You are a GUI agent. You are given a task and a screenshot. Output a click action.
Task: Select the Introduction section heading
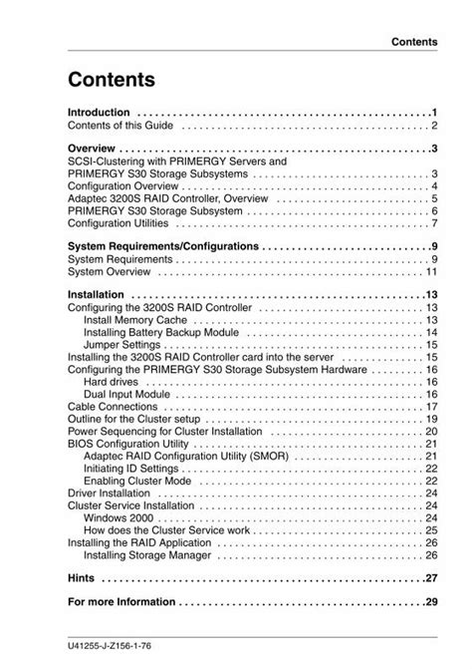(98, 112)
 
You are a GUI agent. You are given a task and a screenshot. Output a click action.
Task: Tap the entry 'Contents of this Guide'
(119, 127)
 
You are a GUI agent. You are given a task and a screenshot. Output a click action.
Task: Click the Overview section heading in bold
(93, 149)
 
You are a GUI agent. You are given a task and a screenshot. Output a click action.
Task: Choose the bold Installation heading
(96, 295)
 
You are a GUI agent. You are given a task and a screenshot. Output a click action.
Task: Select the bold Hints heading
(83, 578)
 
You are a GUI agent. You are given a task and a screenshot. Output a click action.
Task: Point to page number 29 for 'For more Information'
(431, 602)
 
